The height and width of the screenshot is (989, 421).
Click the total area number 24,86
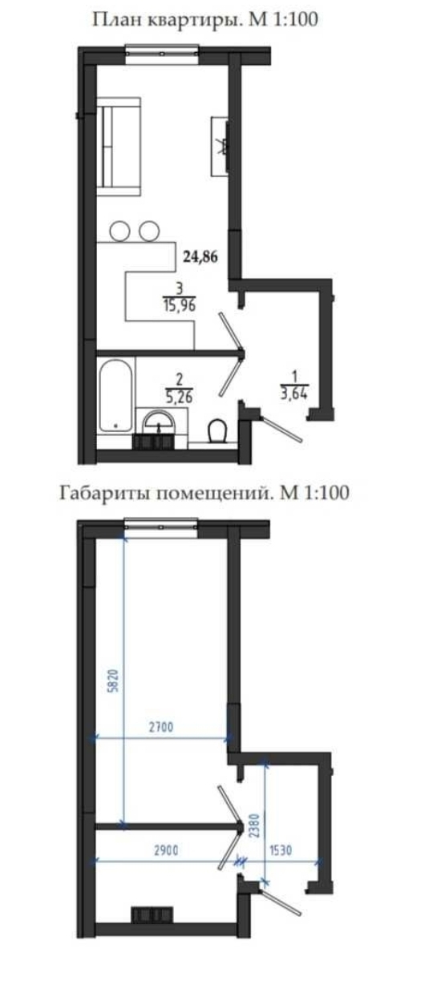pyautogui.click(x=201, y=256)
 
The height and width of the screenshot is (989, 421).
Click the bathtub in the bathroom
pyautogui.click(x=116, y=398)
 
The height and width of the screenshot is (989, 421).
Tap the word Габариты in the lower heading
pyautogui.click(x=99, y=493)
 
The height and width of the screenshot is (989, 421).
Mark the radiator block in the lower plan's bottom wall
pyautogui.click(x=152, y=914)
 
